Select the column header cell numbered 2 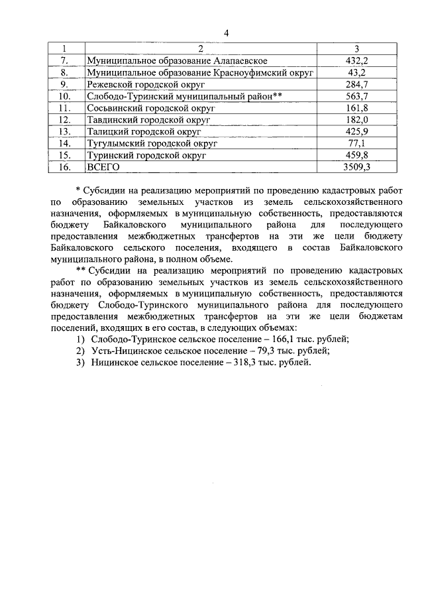pyautogui.click(x=201, y=48)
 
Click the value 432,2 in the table pyautogui.click(x=356, y=60)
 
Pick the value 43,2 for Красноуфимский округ pyautogui.click(x=356, y=72)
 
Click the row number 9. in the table pyautogui.click(x=64, y=84)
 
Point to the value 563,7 pyautogui.click(x=356, y=95)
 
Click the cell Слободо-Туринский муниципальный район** pyautogui.click(x=185, y=95)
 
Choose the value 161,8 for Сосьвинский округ pyautogui.click(x=356, y=107)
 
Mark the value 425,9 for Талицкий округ pyautogui.click(x=356, y=131)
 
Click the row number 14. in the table pyautogui.click(x=64, y=143)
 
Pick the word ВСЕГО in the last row pyautogui.click(x=103, y=167)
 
